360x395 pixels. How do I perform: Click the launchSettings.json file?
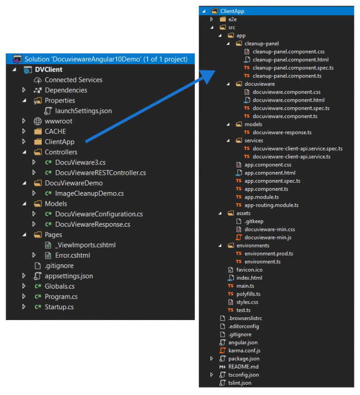coord(83,111)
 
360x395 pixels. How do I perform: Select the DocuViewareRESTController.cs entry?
coord(100,173)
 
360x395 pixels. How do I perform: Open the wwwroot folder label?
coord(59,121)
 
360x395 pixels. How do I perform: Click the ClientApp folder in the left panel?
coord(60,142)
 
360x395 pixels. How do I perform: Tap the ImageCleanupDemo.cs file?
coord(89,194)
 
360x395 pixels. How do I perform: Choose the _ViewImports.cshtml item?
coord(85,245)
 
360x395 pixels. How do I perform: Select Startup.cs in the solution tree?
coord(59,307)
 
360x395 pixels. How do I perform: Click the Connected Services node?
coord(73,80)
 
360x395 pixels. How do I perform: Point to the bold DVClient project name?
coord(49,70)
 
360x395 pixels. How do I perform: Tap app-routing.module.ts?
coord(271,205)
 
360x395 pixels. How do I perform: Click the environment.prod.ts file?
coord(269,253)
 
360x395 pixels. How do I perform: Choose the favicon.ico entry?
coord(249,270)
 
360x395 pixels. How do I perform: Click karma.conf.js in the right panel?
coord(244,350)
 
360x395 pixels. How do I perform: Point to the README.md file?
coord(243,367)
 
